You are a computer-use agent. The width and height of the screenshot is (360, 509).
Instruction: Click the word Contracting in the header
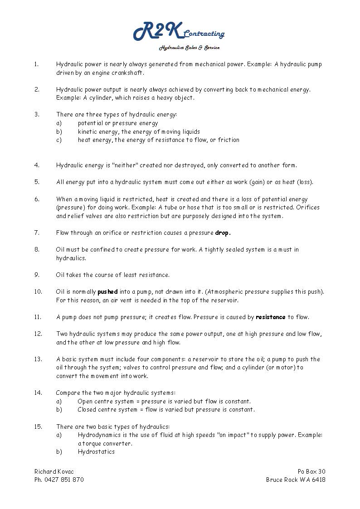204,34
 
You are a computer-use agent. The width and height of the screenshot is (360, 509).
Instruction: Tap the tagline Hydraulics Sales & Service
189,48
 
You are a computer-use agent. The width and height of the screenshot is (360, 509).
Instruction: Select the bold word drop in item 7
223,233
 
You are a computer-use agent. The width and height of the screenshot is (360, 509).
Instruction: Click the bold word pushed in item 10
107,291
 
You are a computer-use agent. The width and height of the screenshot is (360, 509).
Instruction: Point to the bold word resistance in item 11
271,317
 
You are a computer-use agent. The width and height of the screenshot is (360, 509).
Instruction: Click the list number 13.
38,359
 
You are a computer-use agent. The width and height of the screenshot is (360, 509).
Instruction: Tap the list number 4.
37,165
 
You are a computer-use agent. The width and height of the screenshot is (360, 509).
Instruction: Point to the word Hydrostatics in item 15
96,451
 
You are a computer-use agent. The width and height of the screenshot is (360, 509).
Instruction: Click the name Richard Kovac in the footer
54,471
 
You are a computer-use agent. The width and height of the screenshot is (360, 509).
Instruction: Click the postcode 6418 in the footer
318,480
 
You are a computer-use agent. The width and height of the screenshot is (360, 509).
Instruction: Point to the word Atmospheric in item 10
238,291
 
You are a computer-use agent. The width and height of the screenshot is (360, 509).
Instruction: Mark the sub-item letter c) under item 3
59,140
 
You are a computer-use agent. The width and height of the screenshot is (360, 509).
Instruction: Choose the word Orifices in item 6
308,208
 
